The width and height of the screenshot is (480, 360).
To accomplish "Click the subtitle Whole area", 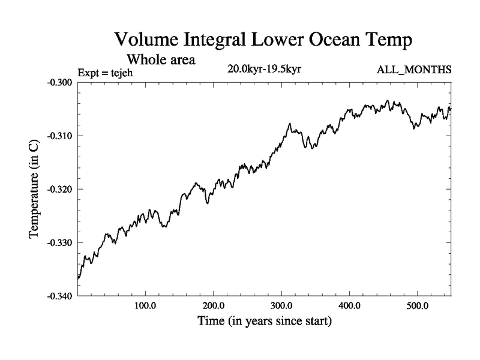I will pyautogui.click(x=161, y=60).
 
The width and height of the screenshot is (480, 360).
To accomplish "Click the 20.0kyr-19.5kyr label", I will pyautogui.click(x=264, y=69).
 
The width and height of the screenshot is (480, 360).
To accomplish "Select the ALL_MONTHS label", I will pyautogui.click(x=414, y=70).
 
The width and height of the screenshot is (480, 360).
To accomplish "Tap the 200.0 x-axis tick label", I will pyautogui.click(x=214, y=306).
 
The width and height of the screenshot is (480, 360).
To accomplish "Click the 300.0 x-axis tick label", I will pyautogui.click(x=281, y=306).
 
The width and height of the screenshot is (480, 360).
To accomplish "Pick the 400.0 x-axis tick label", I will pyautogui.click(x=349, y=306).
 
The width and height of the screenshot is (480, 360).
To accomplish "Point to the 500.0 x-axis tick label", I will pyautogui.click(x=417, y=306).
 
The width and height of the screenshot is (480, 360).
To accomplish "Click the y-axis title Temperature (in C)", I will pyautogui.click(x=34, y=189).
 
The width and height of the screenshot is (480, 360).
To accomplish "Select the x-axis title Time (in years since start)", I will pyautogui.click(x=265, y=321).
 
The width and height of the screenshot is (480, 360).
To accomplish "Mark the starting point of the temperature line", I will pyautogui.click(x=79, y=278).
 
